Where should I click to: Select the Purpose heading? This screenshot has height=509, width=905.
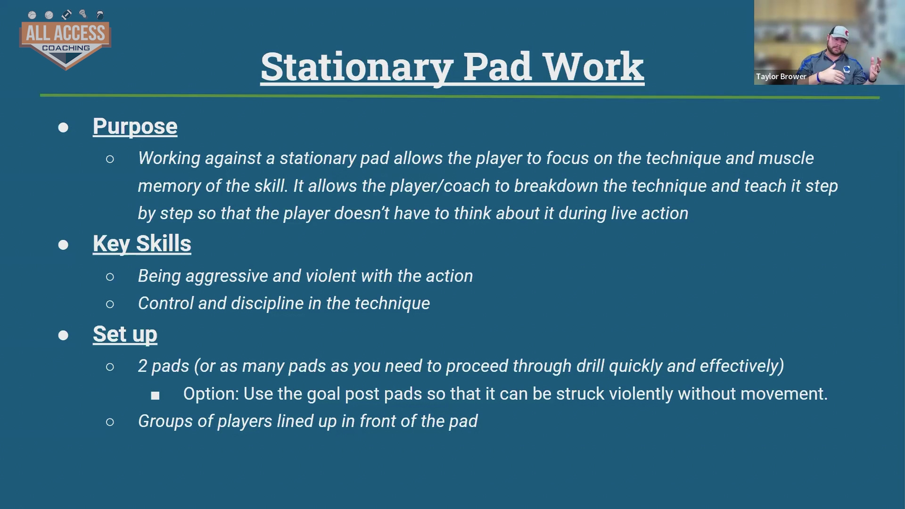(x=135, y=126)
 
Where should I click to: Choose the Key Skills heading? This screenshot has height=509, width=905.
(x=142, y=244)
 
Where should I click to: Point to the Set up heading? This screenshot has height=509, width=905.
(x=125, y=334)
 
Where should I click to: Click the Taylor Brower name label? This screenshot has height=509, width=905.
(x=781, y=76)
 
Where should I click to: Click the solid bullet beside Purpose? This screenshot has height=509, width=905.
(x=63, y=128)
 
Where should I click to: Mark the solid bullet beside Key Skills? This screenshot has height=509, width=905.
(x=63, y=245)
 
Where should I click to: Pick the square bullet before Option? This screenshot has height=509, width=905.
(x=155, y=396)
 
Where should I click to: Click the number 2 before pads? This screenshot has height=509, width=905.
(x=142, y=366)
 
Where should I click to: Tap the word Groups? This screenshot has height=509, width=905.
(x=165, y=421)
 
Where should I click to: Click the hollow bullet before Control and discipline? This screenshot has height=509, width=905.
(x=110, y=304)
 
